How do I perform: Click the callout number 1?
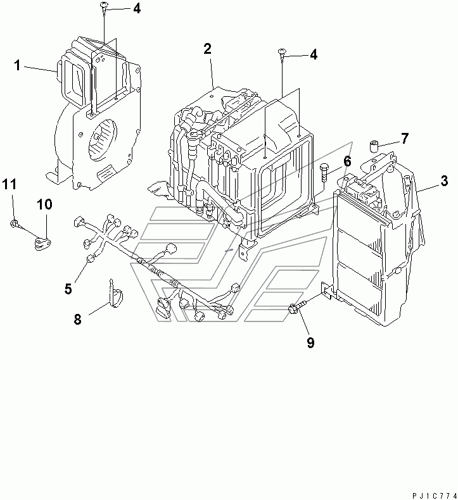[18, 66]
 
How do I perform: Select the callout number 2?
[207, 49]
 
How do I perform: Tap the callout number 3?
[444, 181]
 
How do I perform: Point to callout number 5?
[68, 289]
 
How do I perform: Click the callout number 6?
[347, 161]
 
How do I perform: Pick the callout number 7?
[405, 139]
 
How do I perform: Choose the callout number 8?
[77, 319]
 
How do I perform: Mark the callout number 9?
[310, 342]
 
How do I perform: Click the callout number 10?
[44, 204]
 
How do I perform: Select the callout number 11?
[10, 184]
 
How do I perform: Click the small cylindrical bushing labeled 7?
[374, 146]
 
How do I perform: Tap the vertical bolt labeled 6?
[324, 173]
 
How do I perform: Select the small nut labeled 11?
[15, 224]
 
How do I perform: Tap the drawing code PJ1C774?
[435, 496]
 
